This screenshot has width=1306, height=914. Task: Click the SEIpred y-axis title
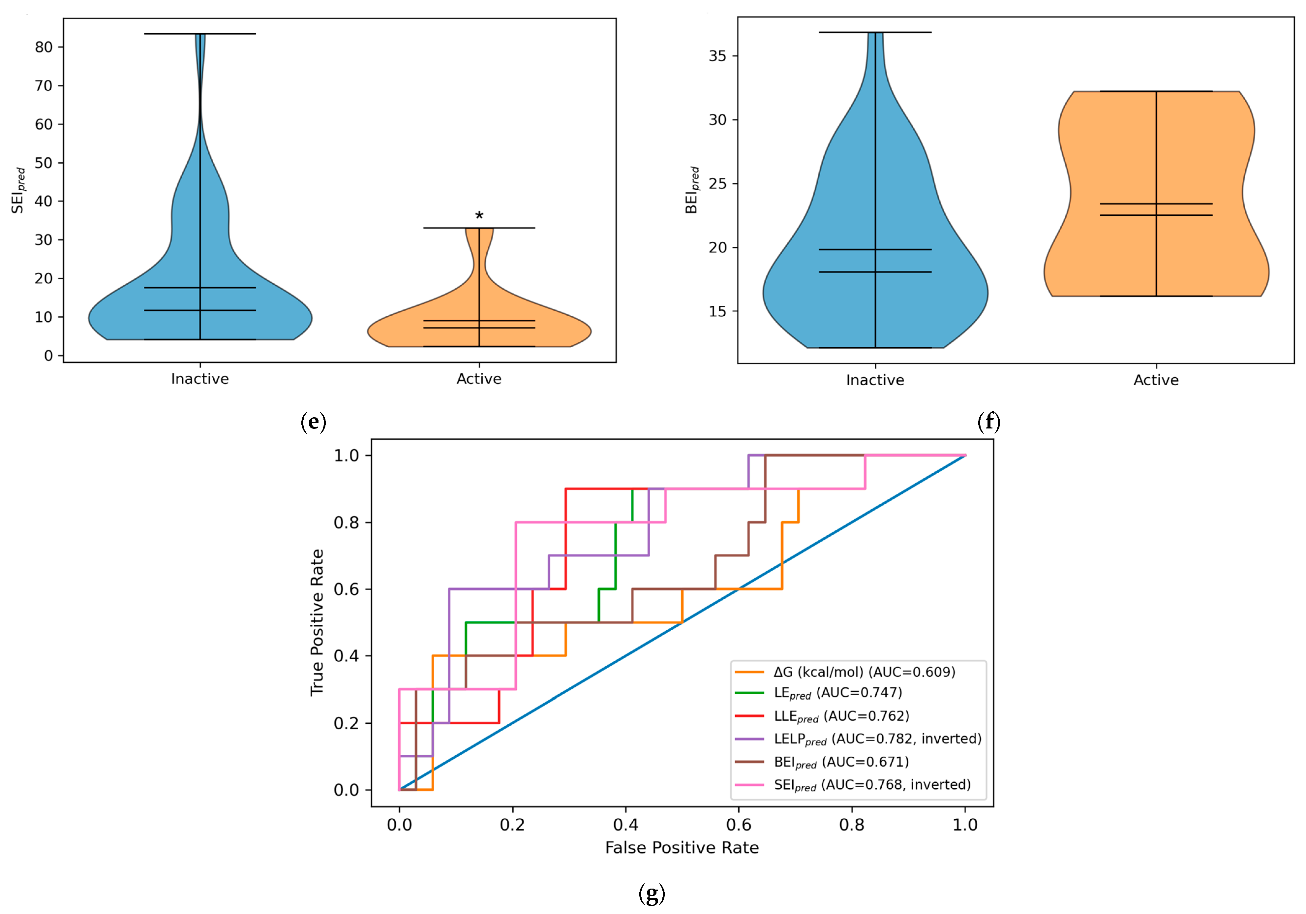tap(18, 190)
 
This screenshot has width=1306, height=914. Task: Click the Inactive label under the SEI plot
tap(200, 379)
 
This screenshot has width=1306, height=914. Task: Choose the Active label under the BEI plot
tap(1156, 380)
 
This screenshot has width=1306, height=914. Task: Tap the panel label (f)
tap(988, 422)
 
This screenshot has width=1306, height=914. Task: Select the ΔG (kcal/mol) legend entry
tap(845, 672)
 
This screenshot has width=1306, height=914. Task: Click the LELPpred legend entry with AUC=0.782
tap(858, 739)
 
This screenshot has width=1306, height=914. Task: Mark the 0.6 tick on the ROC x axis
tap(738, 825)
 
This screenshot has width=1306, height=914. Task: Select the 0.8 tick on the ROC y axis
tap(347, 522)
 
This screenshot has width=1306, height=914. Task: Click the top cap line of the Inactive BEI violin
tap(875, 32)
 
